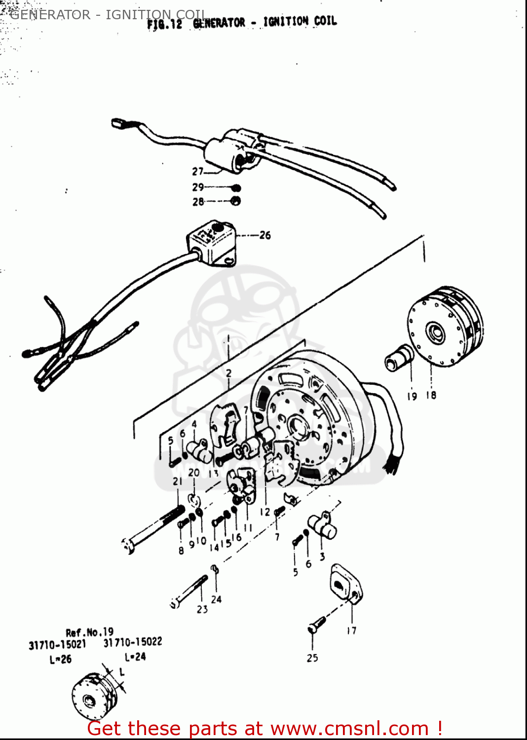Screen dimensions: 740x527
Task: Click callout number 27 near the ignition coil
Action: [x=197, y=172]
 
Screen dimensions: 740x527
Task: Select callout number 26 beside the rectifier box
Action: [x=265, y=235]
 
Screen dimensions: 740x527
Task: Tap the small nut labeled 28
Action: [x=236, y=201]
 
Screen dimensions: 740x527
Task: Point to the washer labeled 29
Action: [x=236, y=188]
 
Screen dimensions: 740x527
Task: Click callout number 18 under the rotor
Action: [x=431, y=395]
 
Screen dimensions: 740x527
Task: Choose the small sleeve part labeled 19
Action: [x=399, y=358]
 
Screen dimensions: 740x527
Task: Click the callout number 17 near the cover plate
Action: [x=351, y=630]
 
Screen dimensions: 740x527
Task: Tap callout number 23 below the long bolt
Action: [x=202, y=609]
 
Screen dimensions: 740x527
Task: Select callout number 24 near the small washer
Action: [x=216, y=599]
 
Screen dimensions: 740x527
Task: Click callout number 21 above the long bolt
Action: [x=178, y=481]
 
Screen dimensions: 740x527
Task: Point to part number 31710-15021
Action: [x=57, y=644]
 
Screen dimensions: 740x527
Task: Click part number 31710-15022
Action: [x=133, y=642]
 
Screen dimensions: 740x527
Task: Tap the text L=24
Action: [x=135, y=657]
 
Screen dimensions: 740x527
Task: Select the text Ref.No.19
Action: [x=90, y=632]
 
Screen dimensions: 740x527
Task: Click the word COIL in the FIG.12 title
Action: [x=325, y=21]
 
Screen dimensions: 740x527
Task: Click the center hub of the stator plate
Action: [x=298, y=424]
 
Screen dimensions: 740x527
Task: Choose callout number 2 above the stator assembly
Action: [x=228, y=373]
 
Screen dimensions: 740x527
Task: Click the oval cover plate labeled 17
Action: [x=346, y=585]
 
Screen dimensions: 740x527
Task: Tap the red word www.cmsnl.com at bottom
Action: [x=349, y=729]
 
